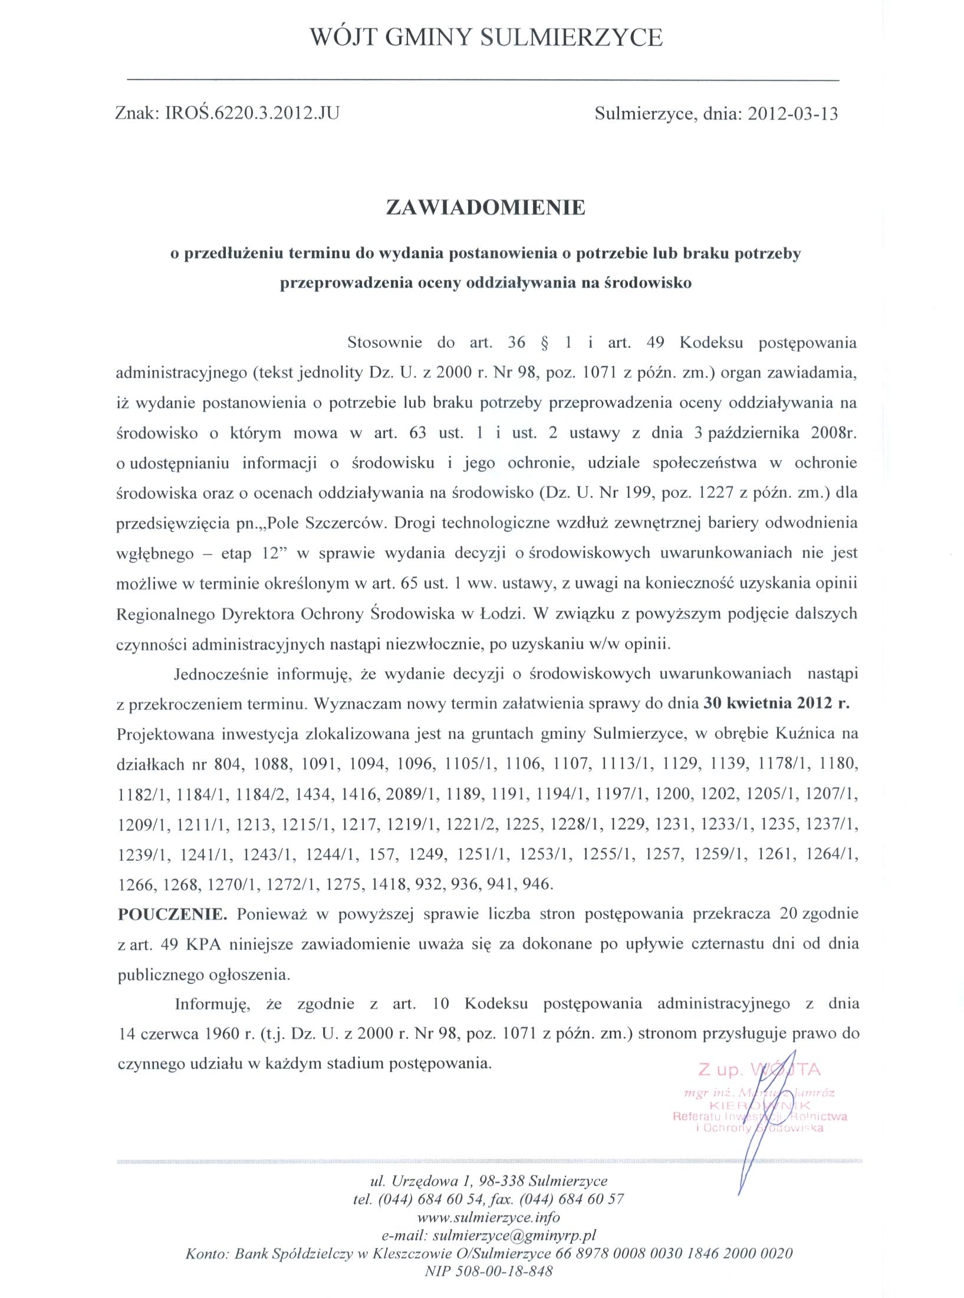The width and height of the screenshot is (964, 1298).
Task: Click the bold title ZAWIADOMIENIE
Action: pyautogui.click(x=485, y=207)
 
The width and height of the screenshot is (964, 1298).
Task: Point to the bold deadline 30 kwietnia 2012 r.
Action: pyautogui.click(x=777, y=705)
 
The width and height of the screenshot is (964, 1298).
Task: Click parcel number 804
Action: pyautogui.click(x=230, y=765)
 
